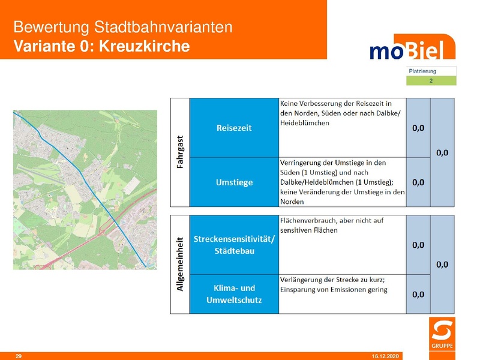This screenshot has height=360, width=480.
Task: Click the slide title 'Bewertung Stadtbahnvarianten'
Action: point(122,28)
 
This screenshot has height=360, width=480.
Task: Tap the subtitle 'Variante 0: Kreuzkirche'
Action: point(101,46)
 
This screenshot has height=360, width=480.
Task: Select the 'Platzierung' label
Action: point(422,71)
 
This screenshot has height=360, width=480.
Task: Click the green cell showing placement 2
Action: point(431,80)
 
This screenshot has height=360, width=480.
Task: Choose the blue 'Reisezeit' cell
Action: point(234,128)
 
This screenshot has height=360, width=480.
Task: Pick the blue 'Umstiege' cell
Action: point(234,182)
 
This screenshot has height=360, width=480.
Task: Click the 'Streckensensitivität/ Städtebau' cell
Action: point(234,245)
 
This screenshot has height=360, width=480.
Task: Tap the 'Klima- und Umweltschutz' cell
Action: point(234,294)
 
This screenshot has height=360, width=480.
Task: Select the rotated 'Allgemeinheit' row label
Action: point(180,264)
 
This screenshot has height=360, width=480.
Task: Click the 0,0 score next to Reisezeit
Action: point(418,128)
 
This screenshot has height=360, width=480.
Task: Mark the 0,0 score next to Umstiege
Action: point(418,182)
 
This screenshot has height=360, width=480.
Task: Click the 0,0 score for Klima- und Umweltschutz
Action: point(418,294)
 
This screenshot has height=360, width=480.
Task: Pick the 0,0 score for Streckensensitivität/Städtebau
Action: point(418,245)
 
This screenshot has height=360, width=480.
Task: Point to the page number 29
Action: point(19,356)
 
